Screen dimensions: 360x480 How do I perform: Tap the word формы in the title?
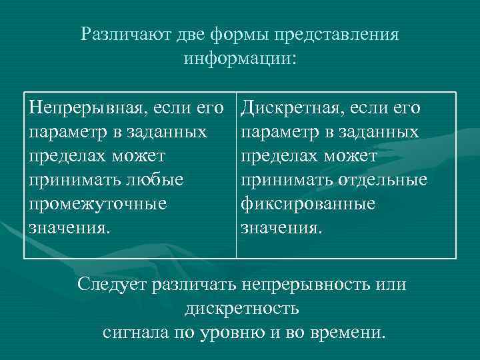pos(226,34)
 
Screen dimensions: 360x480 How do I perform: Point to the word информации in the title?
pos(237,58)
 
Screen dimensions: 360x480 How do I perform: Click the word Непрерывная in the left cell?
pos(87,108)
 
